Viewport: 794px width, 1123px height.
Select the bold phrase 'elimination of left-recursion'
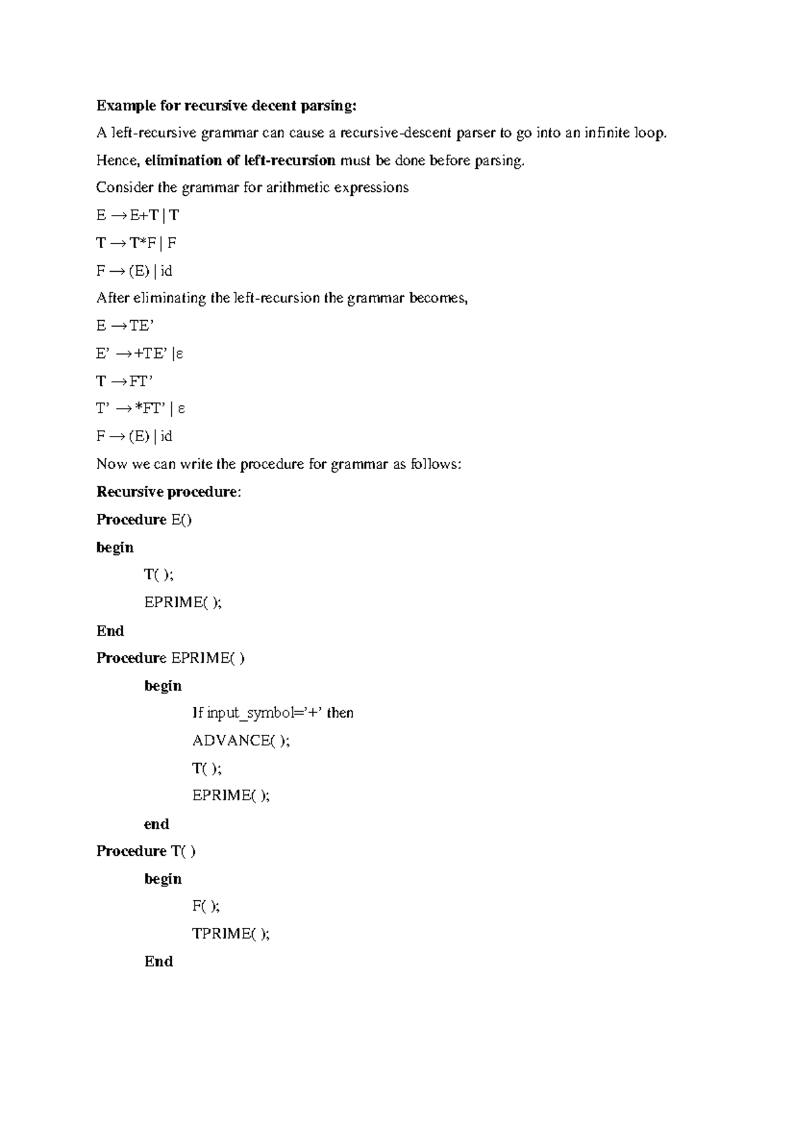coord(240,161)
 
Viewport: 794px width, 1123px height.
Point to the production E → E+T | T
coord(137,216)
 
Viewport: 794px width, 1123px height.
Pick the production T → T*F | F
coord(136,243)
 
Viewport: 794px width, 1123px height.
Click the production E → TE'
coord(124,325)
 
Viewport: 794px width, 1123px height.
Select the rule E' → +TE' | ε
coord(139,353)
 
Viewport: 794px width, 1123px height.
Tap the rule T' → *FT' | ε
coord(140,409)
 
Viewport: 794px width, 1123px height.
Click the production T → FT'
coord(124,381)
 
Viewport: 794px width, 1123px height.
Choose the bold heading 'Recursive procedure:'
coord(169,492)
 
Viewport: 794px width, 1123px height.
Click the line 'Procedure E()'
coord(144,520)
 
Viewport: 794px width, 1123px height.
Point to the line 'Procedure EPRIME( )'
coord(171,658)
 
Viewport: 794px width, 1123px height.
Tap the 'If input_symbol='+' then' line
coord(273,713)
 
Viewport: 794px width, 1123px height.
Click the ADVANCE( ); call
coord(241,741)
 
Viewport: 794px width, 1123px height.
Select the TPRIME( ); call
coord(231,934)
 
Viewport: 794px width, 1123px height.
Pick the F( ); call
coord(206,906)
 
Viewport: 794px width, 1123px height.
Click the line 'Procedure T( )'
coord(146,851)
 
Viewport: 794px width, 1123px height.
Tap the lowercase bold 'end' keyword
coord(157,824)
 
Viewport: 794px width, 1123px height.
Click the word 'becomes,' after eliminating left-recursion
coord(439,298)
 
